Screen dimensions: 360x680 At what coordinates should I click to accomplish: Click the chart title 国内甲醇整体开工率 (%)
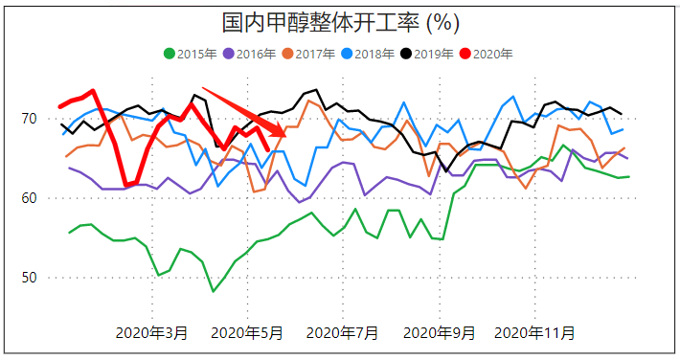point(340,21)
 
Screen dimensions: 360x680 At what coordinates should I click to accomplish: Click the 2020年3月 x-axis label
point(151,333)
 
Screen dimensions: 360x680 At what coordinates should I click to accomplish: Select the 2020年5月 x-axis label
point(246,333)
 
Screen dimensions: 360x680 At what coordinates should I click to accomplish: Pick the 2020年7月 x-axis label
point(341,333)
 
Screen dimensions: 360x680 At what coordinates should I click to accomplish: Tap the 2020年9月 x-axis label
point(439,333)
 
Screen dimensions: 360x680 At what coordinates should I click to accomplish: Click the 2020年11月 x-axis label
point(534,333)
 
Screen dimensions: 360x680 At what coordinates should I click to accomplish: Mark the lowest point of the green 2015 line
point(214,291)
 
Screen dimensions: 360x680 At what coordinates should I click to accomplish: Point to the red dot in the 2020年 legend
point(466,55)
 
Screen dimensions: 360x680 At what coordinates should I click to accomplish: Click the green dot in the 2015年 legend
point(170,55)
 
